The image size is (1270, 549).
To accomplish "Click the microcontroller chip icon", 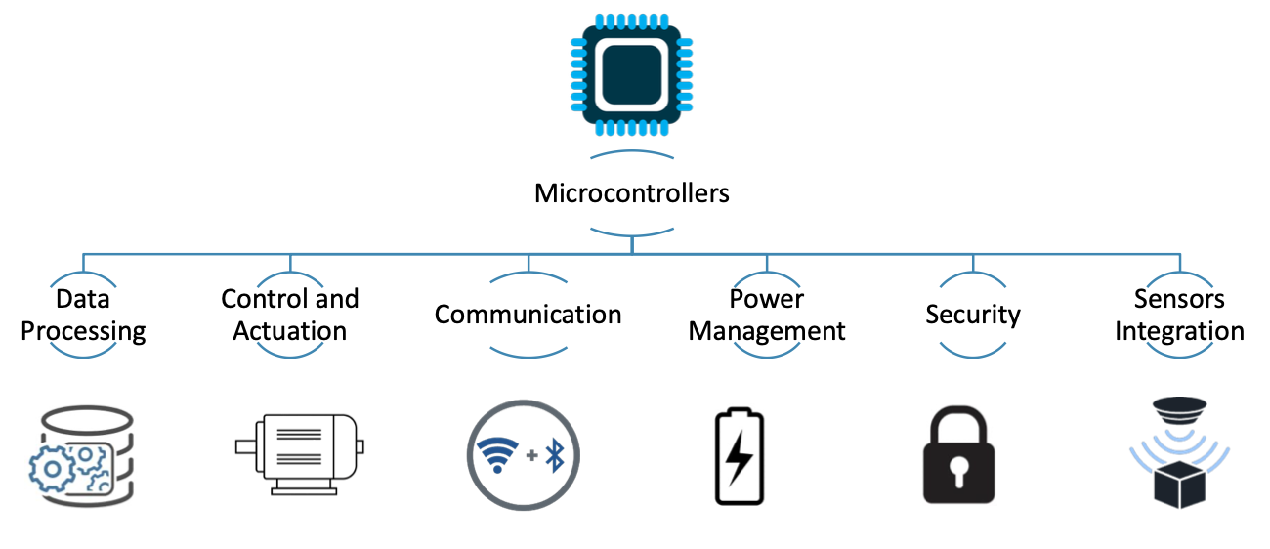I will coord(632,74).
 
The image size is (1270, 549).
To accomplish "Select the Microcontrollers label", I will coord(632,193).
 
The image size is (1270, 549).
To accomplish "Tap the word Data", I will coord(82,298).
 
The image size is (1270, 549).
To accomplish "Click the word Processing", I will coord(83,331).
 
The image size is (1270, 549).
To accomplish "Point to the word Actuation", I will coord(289,331).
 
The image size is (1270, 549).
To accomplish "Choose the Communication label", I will coord(528,315).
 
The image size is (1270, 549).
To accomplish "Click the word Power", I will coord(766,298).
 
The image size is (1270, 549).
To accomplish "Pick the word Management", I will coord(767,331).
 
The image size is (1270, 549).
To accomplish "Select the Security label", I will coord(973,315).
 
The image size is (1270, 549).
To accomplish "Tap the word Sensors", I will coord(1179,298).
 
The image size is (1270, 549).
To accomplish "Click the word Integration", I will coord(1179,331).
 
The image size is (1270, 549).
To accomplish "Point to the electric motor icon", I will coord(299,449).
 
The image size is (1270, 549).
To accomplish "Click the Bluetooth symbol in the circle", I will coord(557,455).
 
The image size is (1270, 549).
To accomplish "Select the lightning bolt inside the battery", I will coord(740,457).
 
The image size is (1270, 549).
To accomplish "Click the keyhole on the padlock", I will coord(958,469).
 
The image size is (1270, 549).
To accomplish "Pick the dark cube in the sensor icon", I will coord(1179,484).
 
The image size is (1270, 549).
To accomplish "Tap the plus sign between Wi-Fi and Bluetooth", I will coord(531,456).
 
